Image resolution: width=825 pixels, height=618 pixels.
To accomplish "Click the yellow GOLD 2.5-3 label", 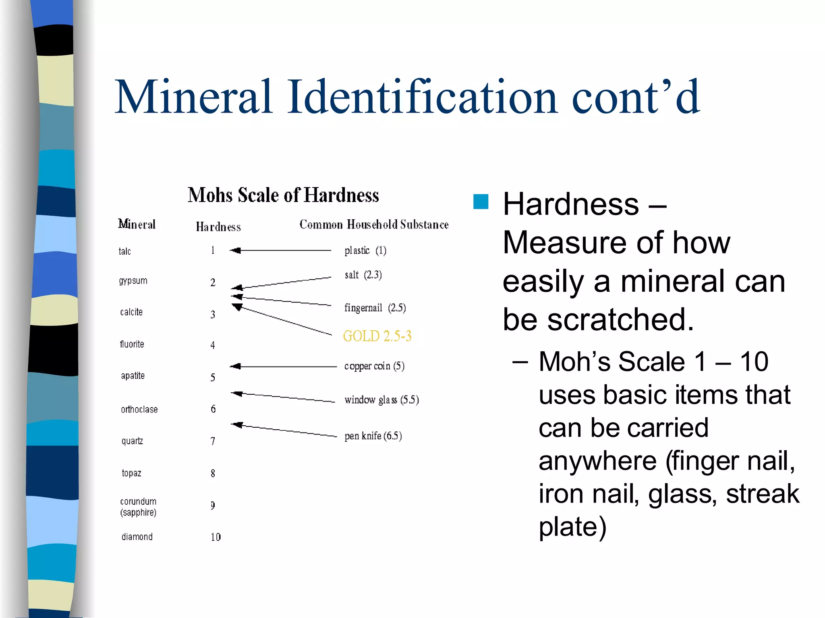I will [x=377, y=336].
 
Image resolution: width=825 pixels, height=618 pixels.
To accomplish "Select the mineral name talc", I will [x=124, y=251].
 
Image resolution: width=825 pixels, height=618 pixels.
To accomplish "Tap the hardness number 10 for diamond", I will [x=216, y=537].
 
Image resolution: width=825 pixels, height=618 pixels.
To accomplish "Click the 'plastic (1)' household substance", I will [x=365, y=251].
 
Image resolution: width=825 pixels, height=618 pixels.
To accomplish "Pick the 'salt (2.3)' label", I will [x=363, y=275].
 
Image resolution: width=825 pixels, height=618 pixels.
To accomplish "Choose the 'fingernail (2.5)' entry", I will [x=375, y=308].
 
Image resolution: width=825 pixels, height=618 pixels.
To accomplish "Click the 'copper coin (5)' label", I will [x=374, y=366].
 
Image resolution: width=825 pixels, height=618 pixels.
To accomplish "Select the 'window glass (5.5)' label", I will [x=381, y=400].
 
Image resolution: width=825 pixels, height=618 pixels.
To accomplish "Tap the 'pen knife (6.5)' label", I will [x=373, y=436].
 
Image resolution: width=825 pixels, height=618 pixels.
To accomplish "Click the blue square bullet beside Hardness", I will [x=481, y=202].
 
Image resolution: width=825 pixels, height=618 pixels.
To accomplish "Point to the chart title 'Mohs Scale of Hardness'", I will [x=283, y=195].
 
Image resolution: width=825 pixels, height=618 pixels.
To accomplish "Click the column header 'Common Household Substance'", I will [x=374, y=225].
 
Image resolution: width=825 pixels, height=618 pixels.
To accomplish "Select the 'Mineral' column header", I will [x=137, y=224].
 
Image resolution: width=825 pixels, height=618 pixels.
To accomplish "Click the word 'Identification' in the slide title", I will [x=422, y=97].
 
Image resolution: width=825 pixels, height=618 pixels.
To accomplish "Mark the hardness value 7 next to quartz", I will [x=213, y=441].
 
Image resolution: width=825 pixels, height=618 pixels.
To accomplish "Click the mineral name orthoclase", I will [x=139, y=410].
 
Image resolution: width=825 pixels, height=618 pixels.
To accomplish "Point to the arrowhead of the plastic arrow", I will [x=235, y=251].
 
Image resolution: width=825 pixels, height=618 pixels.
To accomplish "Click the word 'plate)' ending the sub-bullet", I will [x=572, y=527].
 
